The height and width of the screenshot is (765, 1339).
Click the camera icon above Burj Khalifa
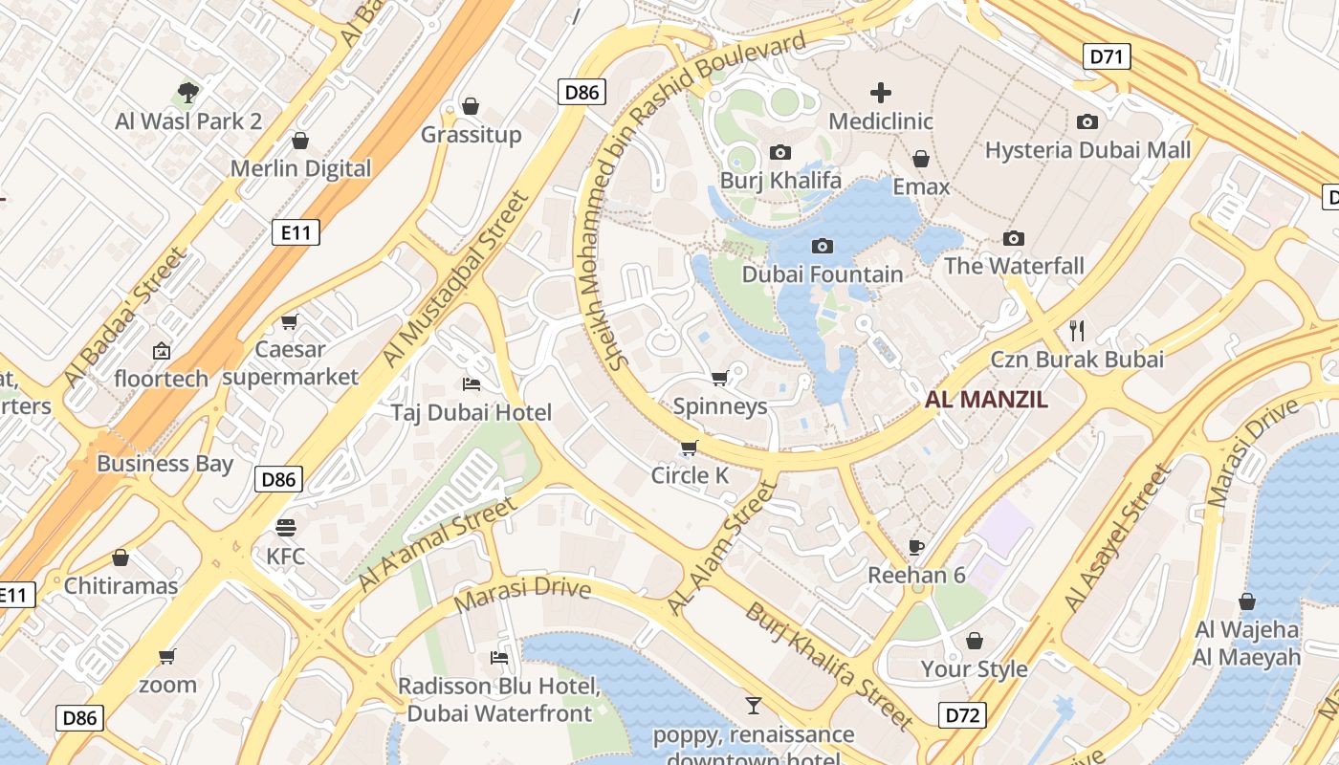click(780, 153)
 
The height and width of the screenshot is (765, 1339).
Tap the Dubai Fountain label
click(822, 274)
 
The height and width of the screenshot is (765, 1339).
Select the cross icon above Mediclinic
click(881, 93)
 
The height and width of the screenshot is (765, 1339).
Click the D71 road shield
click(1107, 56)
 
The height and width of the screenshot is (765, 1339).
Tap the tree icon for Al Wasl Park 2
click(188, 93)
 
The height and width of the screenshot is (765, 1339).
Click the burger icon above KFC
click(285, 527)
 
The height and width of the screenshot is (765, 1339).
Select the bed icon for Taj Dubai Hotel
click(472, 384)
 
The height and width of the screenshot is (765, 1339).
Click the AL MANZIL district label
click(986, 400)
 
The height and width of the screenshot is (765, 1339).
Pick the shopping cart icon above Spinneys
click(720, 378)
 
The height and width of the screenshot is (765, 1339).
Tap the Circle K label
click(690, 475)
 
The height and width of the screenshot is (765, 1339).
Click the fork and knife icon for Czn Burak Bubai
click(1077, 331)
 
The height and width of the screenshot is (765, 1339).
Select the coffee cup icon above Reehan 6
click(916, 547)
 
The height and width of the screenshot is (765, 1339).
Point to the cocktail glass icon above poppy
click(754, 706)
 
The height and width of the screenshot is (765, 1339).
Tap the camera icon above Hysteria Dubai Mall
click(1087, 121)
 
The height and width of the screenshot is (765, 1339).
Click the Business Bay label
click(165, 464)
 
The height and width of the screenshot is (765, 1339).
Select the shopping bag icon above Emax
click(921, 159)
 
